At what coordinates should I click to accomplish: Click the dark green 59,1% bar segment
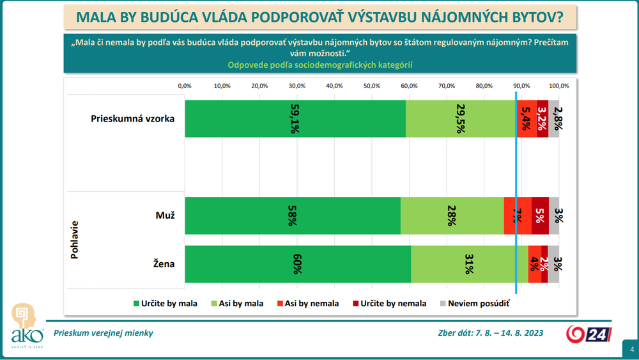click(295, 118)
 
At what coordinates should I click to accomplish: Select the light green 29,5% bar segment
click(461, 118)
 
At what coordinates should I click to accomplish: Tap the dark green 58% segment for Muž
click(293, 216)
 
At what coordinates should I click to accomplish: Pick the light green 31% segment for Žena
click(470, 264)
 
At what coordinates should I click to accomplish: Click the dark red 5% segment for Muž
click(540, 216)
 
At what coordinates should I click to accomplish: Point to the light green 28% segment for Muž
click(452, 216)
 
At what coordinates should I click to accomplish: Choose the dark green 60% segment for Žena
click(298, 264)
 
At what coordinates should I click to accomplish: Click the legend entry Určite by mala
click(165, 304)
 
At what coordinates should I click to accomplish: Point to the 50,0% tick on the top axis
click(372, 86)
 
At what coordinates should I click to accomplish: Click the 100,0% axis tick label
click(559, 86)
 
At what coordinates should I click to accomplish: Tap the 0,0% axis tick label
click(185, 86)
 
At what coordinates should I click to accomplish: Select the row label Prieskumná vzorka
click(132, 119)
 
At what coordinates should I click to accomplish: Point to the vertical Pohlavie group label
click(74, 240)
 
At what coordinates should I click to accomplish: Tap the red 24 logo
click(589, 334)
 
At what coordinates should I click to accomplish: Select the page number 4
click(631, 349)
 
